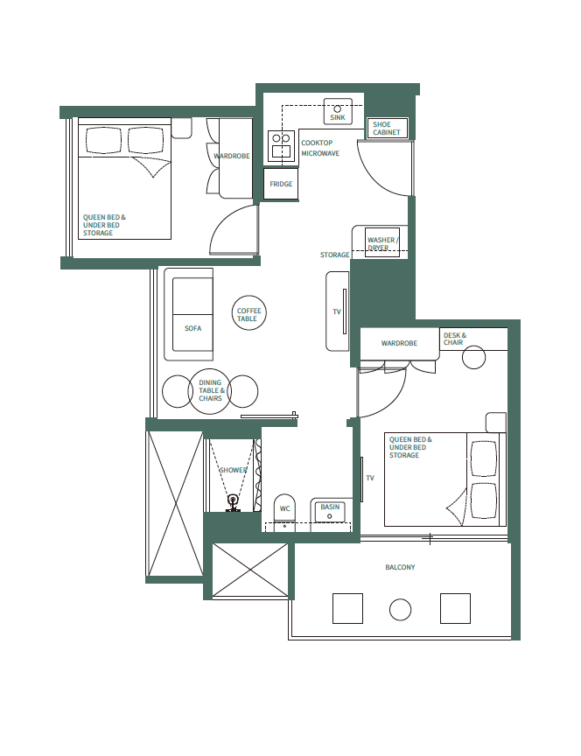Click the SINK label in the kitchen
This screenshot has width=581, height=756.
pyautogui.click(x=337, y=117)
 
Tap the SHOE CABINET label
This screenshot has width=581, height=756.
pyautogui.click(x=388, y=129)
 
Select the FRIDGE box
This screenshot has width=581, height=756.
pyautogui.click(x=281, y=184)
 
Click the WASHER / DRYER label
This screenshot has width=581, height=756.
pyautogui.click(x=382, y=243)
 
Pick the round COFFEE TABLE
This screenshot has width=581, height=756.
pyautogui.click(x=248, y=314)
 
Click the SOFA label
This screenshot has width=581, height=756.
pyautogui.click(x=192, y=328)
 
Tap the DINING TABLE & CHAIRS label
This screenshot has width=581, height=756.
pyautogui.click(x=211, y=391)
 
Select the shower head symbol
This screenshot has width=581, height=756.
pyautogui.click(x=234, y=501)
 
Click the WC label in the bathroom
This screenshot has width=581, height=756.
pyautogui.click(x=284, y=508)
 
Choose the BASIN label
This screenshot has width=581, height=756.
pyautogui.click(x=330, y=507)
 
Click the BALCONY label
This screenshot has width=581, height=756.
pyautogui.click(x=400, y=568)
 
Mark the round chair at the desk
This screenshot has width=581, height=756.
pyautogui.click(x=474, y=357)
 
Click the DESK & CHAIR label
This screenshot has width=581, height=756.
pyautogui.click(x=455, y=339)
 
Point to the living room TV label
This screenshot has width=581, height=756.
pyautogui.click(x=336, y=311)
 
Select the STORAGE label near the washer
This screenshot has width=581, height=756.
pyautogui.click(x=334, y=255)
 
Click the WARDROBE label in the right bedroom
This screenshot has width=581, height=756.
pyautogui.click(x=398, y=344)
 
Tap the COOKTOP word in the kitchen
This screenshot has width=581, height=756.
pyautogui.click(x=316, y=143)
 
